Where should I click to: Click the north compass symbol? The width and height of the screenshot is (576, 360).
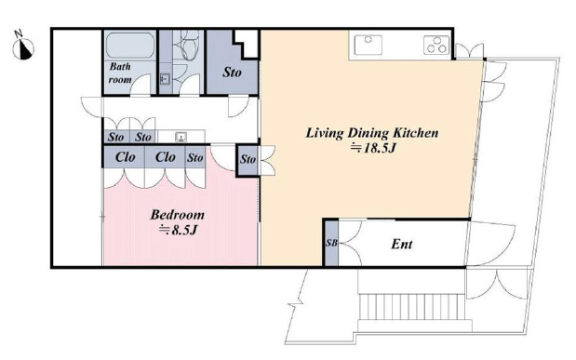[23, 47]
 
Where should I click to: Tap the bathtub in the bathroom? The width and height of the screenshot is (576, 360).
[130, 46]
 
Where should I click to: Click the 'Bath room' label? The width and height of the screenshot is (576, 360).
[120, 73]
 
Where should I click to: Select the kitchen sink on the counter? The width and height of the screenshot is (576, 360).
[368, 45]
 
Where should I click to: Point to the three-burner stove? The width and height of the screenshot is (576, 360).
[436, 45]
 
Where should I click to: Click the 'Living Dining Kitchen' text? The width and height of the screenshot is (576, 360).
[372, 133]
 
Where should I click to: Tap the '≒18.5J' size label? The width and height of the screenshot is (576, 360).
[373, 148]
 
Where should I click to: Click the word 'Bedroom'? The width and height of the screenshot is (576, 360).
[177, 215]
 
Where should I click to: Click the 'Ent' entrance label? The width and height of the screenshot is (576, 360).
[401, 244]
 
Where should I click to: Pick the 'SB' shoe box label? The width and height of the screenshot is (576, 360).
[331, 243]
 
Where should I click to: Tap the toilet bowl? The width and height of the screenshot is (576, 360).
[189, 45]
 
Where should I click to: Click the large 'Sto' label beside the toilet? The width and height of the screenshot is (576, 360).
[232, 73]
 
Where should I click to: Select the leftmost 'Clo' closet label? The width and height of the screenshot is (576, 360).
[125, 157]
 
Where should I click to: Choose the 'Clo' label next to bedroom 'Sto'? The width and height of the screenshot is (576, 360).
[165, 157]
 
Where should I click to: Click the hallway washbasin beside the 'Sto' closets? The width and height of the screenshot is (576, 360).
[181, 137]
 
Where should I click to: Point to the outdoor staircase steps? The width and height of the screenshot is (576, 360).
[411, 306]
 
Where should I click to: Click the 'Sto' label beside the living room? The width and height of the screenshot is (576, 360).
[248, 159]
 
